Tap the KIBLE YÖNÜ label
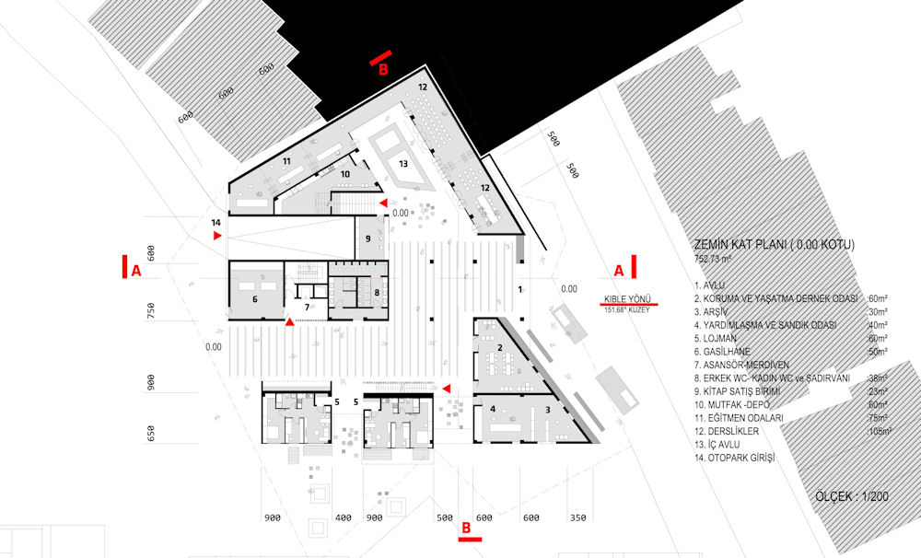627,298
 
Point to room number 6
254,299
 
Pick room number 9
367,238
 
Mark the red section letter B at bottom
466,529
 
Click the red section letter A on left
136,270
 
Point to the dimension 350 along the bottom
577,518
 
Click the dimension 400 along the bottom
344,518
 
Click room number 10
345,173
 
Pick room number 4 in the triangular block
493,409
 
